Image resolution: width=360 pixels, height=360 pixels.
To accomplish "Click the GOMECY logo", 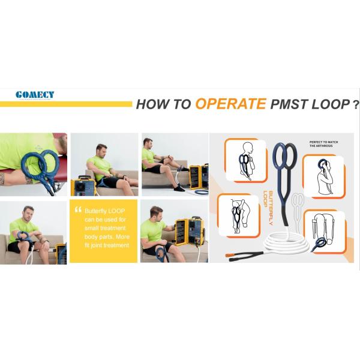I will tap(35, 94).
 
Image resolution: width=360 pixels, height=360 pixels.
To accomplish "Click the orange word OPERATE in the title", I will tap(230, 103).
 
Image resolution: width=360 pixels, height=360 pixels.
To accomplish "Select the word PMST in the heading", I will tap(287, 104).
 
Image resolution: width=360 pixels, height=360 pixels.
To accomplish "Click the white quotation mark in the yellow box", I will tap(77, 210).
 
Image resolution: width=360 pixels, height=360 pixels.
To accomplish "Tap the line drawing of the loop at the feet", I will tap(325, 231).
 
